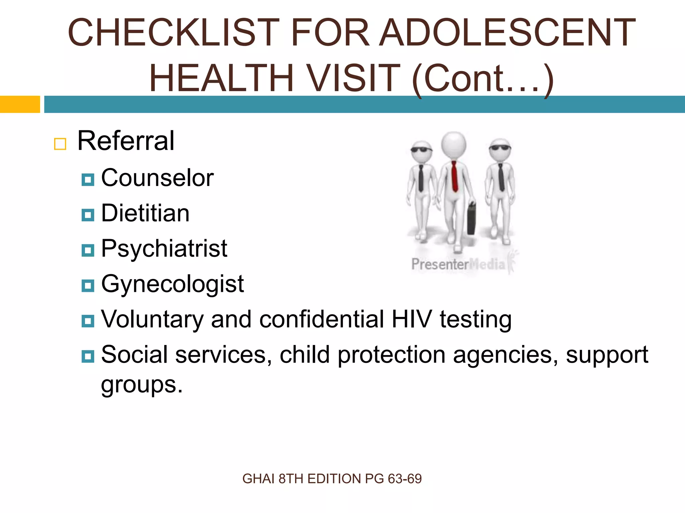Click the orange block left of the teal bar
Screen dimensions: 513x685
coord(20,104)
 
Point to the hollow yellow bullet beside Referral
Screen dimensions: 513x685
coord(60,144)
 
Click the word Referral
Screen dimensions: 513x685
coord(126,141)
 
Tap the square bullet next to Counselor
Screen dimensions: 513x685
coord(88,180)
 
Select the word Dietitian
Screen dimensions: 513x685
coord(145,213)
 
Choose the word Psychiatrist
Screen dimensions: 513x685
coord(164,249)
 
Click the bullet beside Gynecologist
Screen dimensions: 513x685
coord(88,286)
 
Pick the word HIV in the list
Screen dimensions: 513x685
coord(411,319)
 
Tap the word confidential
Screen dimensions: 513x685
coord(321,319)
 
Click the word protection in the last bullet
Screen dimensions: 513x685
coord(391,354)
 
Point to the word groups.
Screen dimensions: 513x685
coord(142,385)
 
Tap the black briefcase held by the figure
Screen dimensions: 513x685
coord(472,219)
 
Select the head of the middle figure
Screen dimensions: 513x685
coord(454,144)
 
